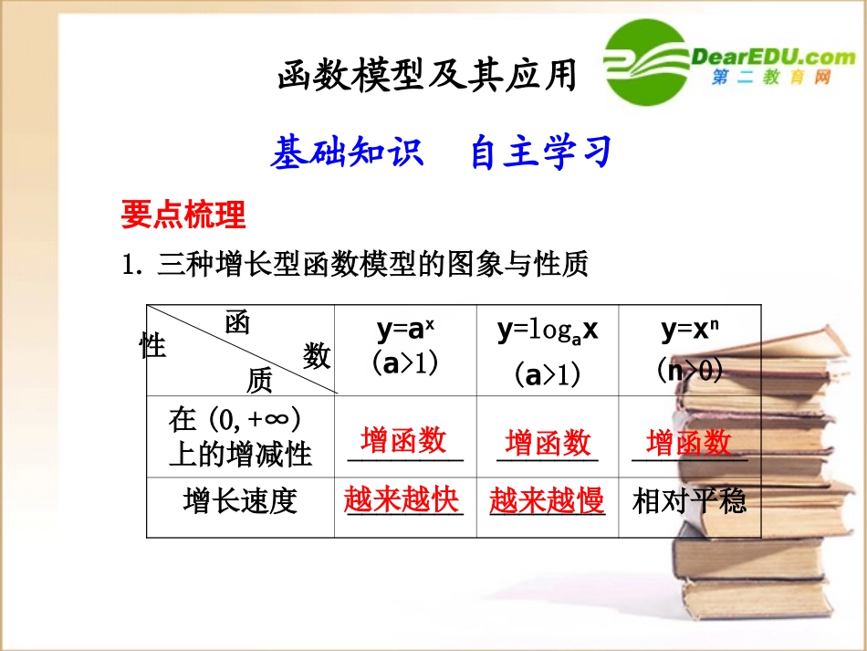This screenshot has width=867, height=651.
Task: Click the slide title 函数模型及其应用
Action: (427, 77)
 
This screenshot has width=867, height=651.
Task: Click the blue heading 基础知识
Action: (347, 152)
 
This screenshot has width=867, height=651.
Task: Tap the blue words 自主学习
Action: (540, 152)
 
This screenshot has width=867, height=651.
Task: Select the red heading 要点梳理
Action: (183, 215)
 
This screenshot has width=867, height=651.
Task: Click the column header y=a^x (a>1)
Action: (405, 348)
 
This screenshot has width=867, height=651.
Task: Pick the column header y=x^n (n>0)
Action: (689, 348)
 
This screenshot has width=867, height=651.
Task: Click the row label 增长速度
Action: (240, 501)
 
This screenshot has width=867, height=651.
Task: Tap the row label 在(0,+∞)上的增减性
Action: (240, 436)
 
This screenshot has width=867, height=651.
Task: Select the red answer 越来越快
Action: (402, 499)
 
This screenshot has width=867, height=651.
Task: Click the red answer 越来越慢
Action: (547, 500)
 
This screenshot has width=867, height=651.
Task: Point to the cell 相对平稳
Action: (689, 500)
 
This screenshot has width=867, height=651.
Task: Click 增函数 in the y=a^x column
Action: (403, 440)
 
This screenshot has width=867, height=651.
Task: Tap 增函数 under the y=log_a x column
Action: (548, 443)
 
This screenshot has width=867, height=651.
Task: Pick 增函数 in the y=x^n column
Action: (689, 443)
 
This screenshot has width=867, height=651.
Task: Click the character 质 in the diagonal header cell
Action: (259, 380)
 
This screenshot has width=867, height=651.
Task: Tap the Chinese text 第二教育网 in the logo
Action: (772, 79)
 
